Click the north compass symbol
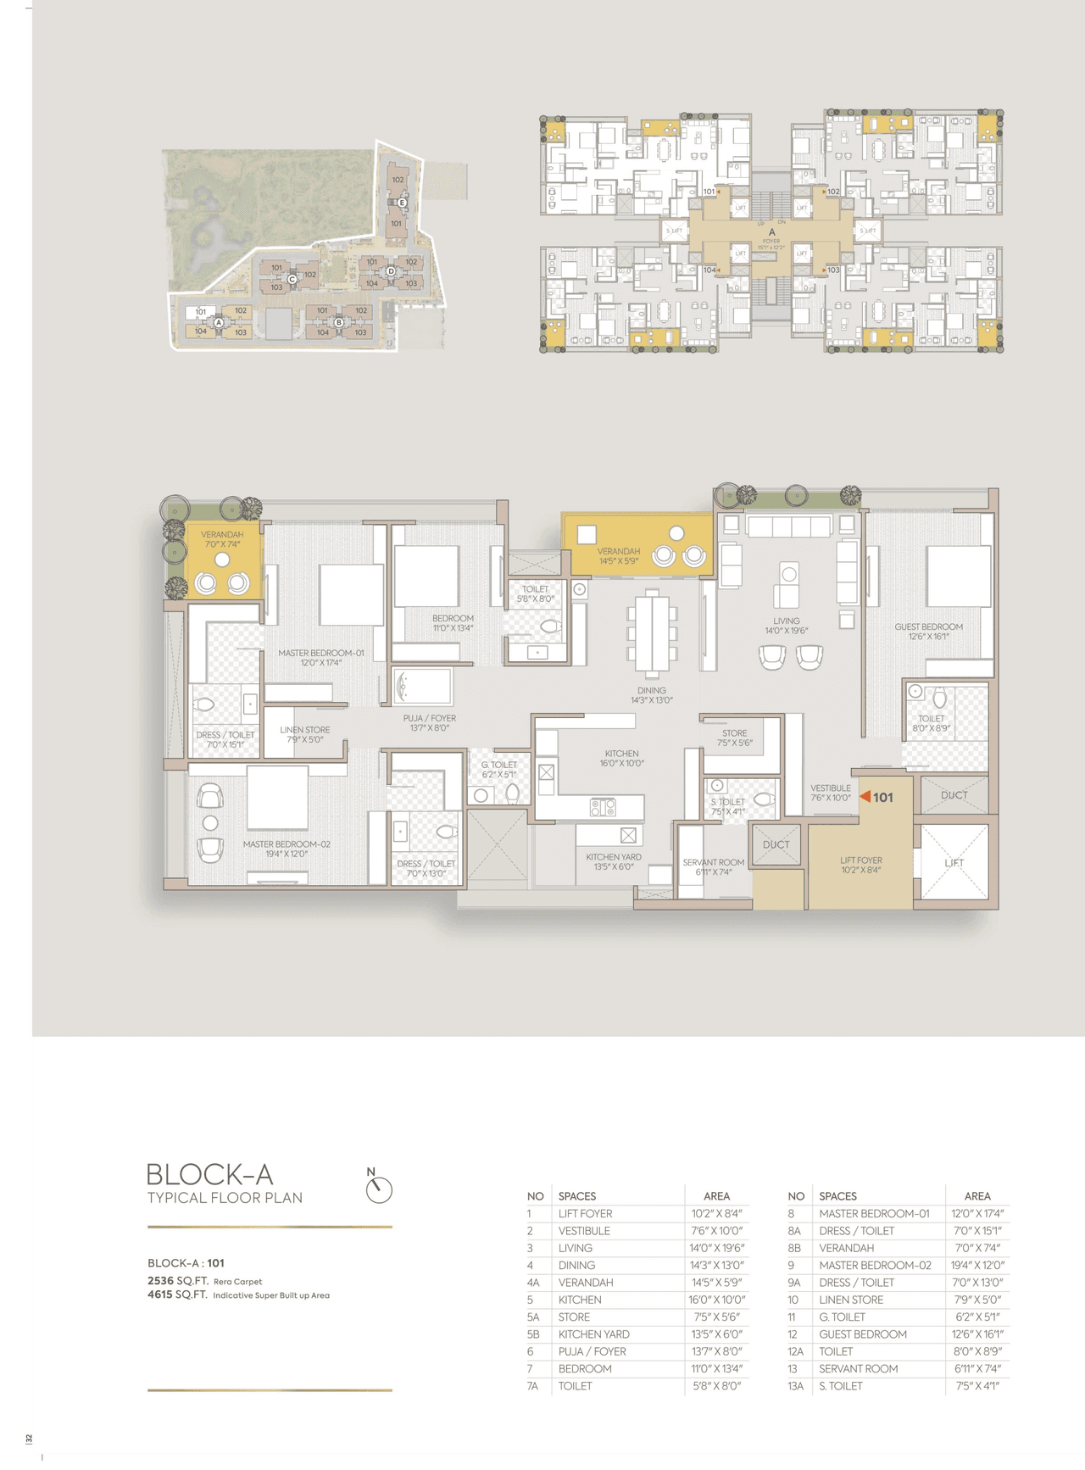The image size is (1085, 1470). click(379, 1189)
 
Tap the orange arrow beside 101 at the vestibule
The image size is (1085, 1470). click(865, 797)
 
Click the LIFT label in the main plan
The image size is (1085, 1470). click(954, 862)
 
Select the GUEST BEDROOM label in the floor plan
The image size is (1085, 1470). click(928, 626)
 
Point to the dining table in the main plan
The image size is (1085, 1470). click(651, 632)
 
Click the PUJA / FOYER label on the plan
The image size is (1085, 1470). click(429, 718)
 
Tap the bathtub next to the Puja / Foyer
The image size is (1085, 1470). click(422, 687)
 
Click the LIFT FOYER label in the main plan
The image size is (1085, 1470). click(860, 860)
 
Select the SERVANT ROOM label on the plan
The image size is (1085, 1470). click(713, 862)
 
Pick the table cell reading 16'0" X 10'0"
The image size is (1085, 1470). click(716, 1300)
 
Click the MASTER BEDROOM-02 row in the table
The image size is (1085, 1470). click(875, 1265)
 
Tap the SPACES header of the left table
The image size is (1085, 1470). click(576, 1196)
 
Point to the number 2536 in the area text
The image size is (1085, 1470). click(160, 1281)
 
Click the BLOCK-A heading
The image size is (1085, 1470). click(209, 1174)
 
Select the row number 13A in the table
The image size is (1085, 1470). click(795, 1386)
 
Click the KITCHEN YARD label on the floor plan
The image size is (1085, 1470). click(614, 857)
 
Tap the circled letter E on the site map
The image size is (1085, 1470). click(401, 203)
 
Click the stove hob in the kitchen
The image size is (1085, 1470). click(603, 807)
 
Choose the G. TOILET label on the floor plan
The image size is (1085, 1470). click(498, 765)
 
